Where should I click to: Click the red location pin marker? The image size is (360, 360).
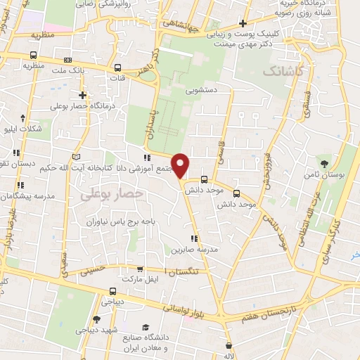(181, 165)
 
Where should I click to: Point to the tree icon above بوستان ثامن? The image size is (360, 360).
(324, 163)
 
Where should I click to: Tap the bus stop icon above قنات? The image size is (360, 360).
(117, 68)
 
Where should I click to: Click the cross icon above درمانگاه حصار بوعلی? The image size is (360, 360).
(83, 95)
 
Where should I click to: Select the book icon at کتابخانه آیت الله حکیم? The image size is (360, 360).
(76, 155)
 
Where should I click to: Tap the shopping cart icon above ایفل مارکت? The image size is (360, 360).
(140, 269)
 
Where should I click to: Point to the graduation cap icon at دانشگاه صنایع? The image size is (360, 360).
(146, 328)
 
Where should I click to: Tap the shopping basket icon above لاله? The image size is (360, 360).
(229, 345)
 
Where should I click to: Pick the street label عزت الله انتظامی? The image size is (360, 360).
(304, 217)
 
